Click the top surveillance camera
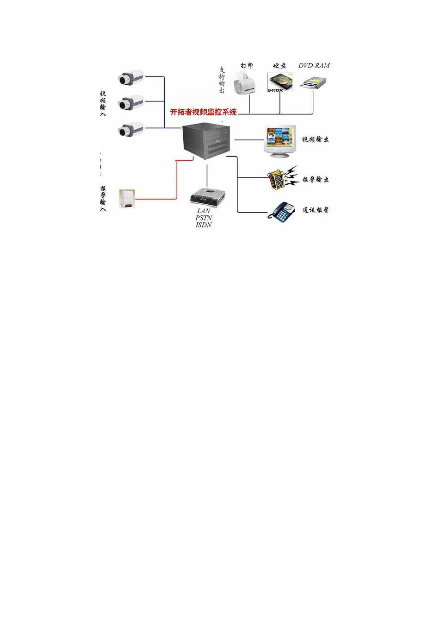tap(131, 77)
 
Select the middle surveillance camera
tap(131, 103)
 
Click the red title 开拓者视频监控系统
tap(204, 112)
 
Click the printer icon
tap(246, 84)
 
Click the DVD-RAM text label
tap(314, 66)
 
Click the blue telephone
tap(282, 211)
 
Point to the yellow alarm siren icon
tap(279, 179)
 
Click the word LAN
tap(204, 211)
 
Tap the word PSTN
tap(204, 218)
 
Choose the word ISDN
tap(204, 225)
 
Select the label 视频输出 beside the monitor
tap(316, 139)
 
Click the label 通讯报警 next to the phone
tap(316, 210)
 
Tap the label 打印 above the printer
tap(247, 66)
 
